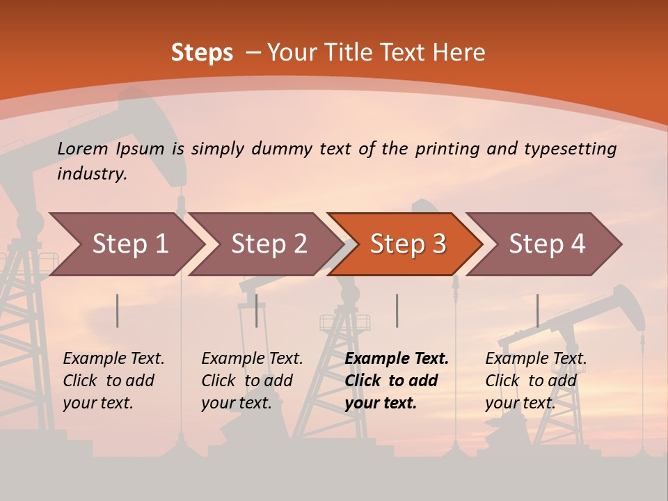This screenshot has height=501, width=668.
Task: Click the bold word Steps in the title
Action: pyautogui.click(x=202, y=52)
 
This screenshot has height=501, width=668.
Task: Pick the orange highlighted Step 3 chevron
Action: pyautogui.click(x=405, y=244)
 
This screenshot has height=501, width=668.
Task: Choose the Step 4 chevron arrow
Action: pyautogui.click(x=544, y=244)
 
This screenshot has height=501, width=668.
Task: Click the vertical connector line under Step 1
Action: pyautogui.click(x=118, y=310)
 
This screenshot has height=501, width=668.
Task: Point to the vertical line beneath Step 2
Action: pyautogui.click(x=257, y=310)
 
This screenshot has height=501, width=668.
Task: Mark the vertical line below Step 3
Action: pyautogui.click(x=397, y=310)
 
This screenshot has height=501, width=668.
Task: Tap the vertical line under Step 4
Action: pyautogui.click(x=537, y=310)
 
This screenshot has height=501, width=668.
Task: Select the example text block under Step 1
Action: pyautogui.click(x=113, y=381)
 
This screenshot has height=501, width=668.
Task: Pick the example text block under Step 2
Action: pyautogui.click(x=252, y=381)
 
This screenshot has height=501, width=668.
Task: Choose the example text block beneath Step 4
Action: pyautogui.click(x=536, y=381)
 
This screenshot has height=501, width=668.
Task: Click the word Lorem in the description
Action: pyautogui.click(x=83, y=148)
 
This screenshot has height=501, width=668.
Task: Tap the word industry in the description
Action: pyautogui.click(x=92, y=173)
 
